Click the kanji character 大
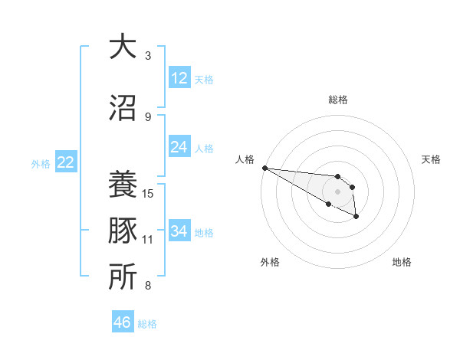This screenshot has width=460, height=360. [x=123, y=47]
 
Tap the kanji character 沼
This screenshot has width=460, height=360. [x=123, y=109]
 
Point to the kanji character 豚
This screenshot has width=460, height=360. [x=123, y=231]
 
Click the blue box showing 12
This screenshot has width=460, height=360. [x=179, y=78]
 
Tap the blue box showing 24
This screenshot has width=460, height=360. [x=179, y=147]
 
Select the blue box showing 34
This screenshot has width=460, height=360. [x=179, y=231]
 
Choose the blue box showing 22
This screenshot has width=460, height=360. [x=65, y=162]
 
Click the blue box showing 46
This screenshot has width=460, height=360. [x=123, y=322]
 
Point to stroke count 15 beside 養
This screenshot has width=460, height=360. [x=149, y=193]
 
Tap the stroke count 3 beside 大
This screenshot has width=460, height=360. [x=148, y=56]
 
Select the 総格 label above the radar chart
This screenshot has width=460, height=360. [x=338, y=100]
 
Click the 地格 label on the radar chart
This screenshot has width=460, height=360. [x=402, y=262]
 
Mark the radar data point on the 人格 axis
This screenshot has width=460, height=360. [x=264, y=168]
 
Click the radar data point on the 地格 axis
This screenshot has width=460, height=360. [x=356, y=218]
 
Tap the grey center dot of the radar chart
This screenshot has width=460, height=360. [x=338, y=191]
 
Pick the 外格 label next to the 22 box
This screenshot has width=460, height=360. [x=41, y=163]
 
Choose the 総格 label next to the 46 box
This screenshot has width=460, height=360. [x=147, y=324]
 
